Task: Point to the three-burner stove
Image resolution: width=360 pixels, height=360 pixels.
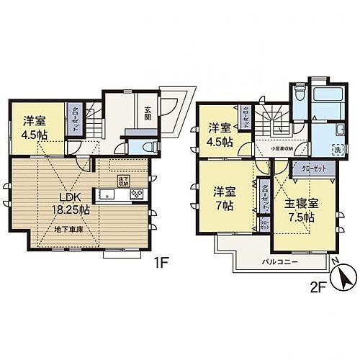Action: point(136,194)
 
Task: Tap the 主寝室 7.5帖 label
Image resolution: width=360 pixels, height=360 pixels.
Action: point(294,210)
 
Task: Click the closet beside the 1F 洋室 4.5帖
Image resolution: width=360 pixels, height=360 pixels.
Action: point(74,119)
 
